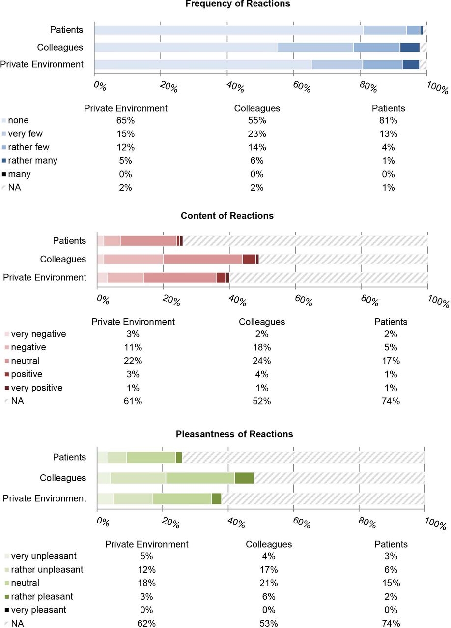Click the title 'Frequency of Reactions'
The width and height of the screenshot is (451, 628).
coord(238,4)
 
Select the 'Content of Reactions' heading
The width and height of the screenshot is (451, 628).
coord(227,215)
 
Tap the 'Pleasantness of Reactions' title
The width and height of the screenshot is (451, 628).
coord(234,434)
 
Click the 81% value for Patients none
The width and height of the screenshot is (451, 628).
coord(389,120)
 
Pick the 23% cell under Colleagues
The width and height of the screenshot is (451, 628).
coord(257,134)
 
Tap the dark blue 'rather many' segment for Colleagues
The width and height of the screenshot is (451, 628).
coord(410,48)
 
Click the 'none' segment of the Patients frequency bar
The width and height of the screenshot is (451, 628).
coord(229,30)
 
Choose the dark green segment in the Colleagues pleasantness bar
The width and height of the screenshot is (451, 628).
coord(244,478)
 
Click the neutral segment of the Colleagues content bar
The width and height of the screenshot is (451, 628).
coord(203,259)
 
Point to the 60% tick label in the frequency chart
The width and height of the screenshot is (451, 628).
coord(302,87)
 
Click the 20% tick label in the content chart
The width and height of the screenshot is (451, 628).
coord(171,301)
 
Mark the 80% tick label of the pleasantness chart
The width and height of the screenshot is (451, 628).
coord(367,523)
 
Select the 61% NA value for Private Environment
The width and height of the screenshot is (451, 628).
coord(133,401)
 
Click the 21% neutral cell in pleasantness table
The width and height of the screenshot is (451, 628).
coord(269,583)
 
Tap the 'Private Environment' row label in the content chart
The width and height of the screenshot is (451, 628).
coord(45,277)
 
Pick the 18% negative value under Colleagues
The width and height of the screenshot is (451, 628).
coord(262,347)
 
